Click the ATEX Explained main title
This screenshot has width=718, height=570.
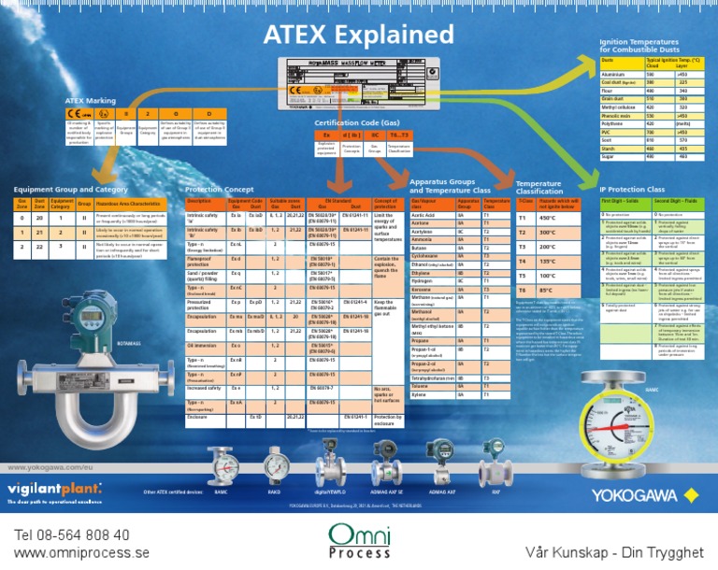click(x=358, y=35)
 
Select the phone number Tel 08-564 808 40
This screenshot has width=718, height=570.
click(x=73, y=534)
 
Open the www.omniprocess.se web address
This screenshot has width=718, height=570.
click(x=82, y=552)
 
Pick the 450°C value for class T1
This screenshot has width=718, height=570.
click(x=548, y=218)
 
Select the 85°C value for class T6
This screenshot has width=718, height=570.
click(x=547, y=291)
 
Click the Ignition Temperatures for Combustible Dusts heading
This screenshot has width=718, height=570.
click(x=639, y=45)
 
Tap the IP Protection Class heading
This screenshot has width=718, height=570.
click(x=632, y=190)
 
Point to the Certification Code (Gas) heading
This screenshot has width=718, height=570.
click(x=356, y=122)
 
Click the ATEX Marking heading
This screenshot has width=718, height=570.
click(x=90, y=99)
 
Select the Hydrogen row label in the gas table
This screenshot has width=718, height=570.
click(x=424, y=280)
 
